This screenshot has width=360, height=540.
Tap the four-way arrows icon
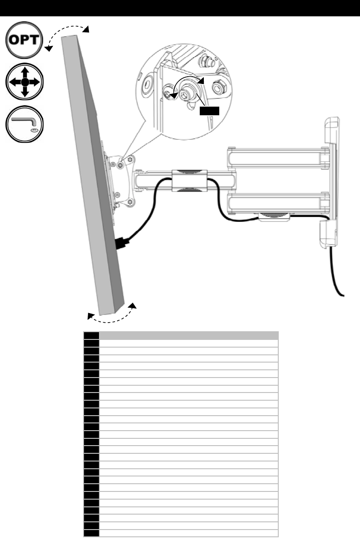click(x=25, y=82)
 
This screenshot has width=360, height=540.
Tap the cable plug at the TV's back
click(x=122, y=243)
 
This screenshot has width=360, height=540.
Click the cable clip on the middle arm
click(x=189, y=182)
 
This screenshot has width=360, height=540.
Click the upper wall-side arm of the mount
click(x=277, y=157)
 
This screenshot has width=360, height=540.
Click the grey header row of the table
click(x=188, y=336)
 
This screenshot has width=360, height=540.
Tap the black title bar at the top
click(x=180, y=8)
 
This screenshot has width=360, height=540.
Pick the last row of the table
click(x=188, y=533)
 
